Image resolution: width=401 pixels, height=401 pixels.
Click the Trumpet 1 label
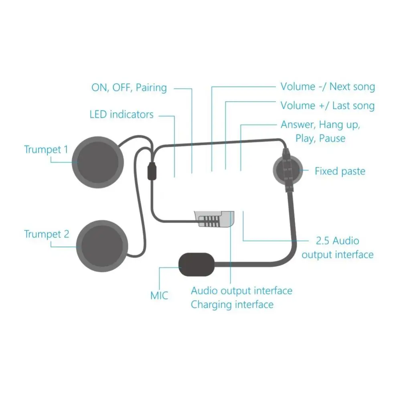click(46, 150)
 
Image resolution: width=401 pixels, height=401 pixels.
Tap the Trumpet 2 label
click(47, 234)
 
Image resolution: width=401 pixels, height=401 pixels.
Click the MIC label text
click(159, 296)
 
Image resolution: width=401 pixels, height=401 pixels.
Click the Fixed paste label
click(340, 172)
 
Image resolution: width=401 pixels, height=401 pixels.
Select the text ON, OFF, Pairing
click(129, 87)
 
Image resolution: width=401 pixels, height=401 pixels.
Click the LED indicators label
click(122, 115)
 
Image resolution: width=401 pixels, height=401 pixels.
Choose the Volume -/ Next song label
click(328, 87)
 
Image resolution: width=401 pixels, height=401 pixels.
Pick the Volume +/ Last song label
click(328, 106)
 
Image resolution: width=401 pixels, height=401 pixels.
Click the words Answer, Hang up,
click(320, 125)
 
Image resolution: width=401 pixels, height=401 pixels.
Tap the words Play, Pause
click(320, 139)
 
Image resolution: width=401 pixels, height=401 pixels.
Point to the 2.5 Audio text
click(338, 241)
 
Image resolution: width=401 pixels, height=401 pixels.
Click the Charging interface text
click(232, 305)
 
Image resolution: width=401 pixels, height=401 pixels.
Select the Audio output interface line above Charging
click(241, 290)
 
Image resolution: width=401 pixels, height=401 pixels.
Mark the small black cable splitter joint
click(152, 171)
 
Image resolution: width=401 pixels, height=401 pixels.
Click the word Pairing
click(151, 87)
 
